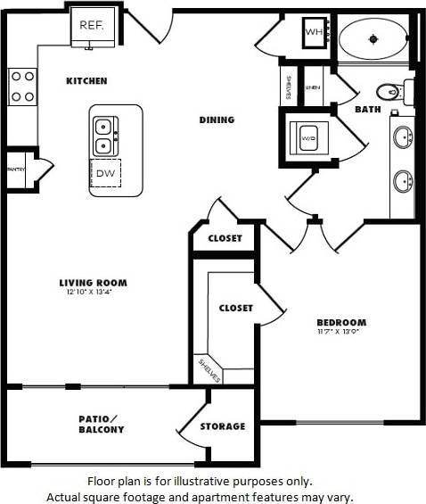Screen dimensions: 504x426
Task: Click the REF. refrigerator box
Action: [x=92, y=26]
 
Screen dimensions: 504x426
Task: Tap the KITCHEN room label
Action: [x=86, y=81]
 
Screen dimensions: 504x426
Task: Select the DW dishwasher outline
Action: [x=105, y=173]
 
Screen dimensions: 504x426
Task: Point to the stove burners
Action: [x=22, y=87]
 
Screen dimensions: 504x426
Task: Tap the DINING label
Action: [x=217, y=120]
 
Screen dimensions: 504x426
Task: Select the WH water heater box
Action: [x=314, y=33]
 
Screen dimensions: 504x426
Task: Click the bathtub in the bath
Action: [x=374, y=38]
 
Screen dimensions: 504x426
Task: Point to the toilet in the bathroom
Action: [x=390, y=90]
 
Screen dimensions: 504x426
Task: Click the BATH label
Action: [x=367, y=110]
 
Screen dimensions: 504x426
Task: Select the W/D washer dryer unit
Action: [x=308, y=138]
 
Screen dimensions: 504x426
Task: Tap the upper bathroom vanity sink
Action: [x=403, y=137]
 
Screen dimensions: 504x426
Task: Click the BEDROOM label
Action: [x=341, y=323]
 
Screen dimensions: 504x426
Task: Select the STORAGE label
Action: [x=222, y=426]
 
